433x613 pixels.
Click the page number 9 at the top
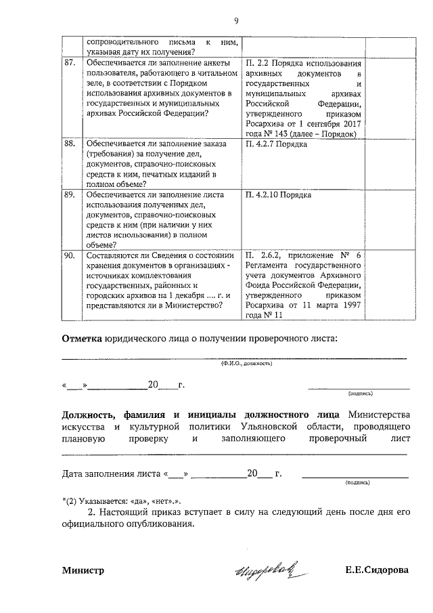pos(236,20)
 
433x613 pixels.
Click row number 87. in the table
pos(69,63)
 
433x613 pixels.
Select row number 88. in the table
pos(69,145)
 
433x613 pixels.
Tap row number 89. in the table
pos(69,195)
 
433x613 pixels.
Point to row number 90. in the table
pos(69,255)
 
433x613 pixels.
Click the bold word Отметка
pos(82,338)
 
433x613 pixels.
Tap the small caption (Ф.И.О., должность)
pos(246,364)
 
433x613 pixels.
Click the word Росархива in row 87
pos(268,124)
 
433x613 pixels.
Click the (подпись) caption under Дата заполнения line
pos(357,483)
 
